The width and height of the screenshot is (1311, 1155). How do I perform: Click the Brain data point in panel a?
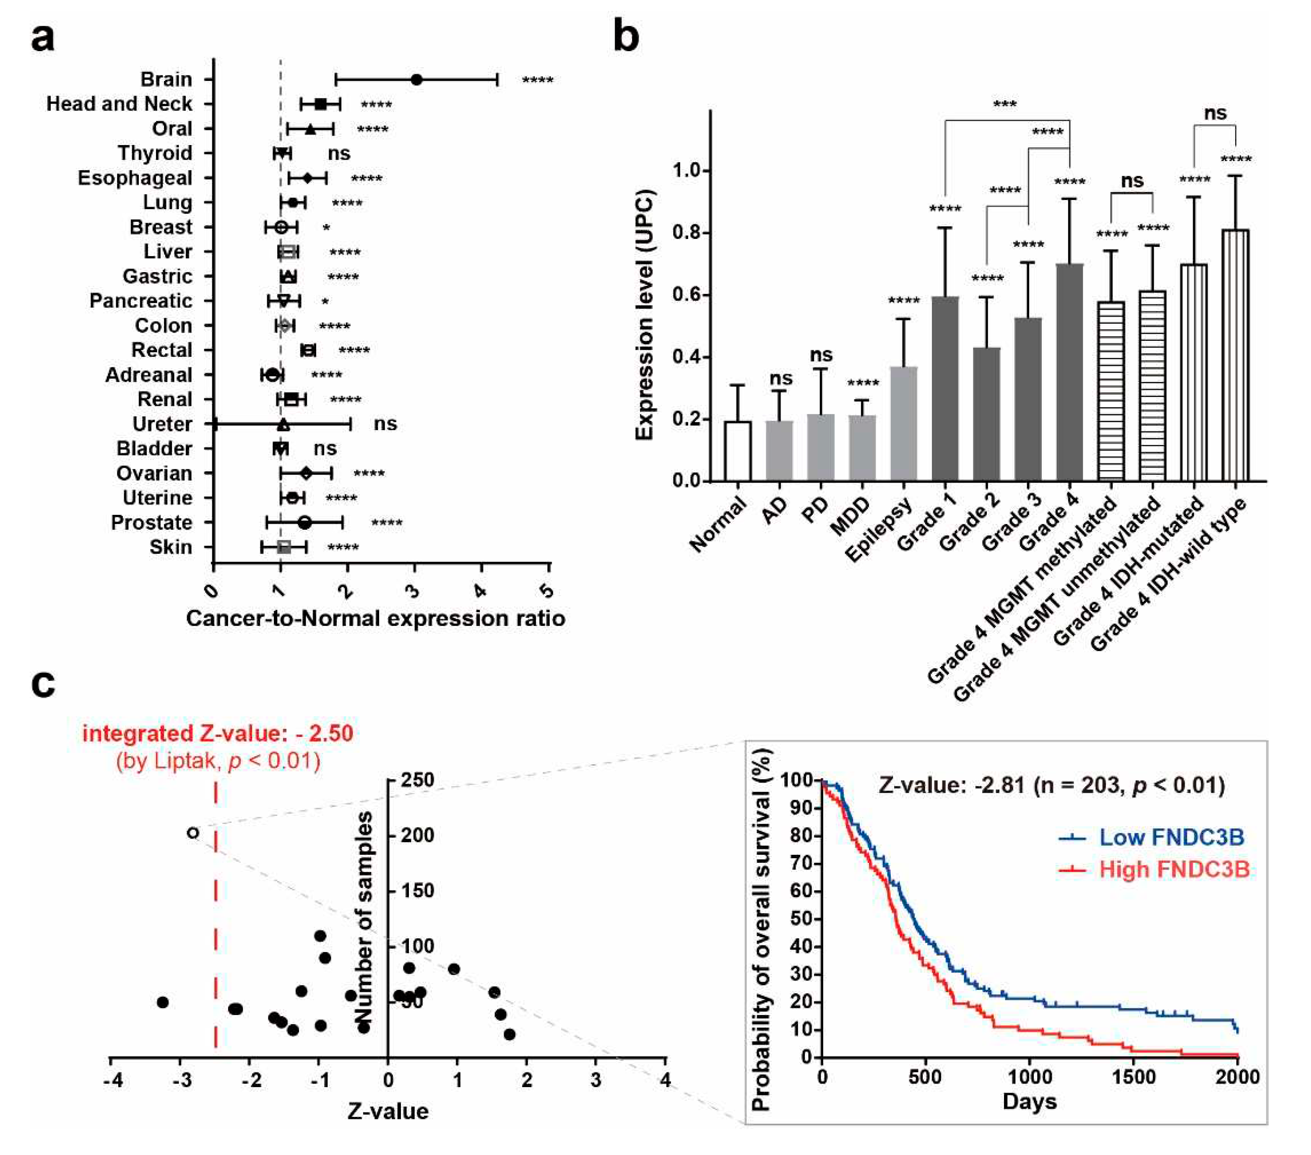coord(416,80)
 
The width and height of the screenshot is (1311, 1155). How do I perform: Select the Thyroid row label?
coord(155,153)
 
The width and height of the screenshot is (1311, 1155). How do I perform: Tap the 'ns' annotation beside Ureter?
coord(385,424)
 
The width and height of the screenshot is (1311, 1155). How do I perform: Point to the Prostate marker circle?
coord(305,523)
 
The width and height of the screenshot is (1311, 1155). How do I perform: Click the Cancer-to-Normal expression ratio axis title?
coord(375,618)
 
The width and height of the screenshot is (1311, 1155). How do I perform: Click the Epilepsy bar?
coord(904,423)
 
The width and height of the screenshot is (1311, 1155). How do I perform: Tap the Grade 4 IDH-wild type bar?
coord(1236,356)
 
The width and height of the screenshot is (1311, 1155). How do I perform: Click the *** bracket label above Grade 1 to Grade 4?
coord(1004,104)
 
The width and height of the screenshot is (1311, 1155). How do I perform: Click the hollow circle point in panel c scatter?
coord(192,833)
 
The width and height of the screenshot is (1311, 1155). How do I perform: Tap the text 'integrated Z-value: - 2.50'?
coord(217,733)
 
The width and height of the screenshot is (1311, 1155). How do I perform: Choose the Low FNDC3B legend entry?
coord(1151,837)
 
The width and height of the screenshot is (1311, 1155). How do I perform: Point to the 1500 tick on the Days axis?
coord(1133,1077)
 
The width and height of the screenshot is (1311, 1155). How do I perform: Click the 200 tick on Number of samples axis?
coord(418,835)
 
